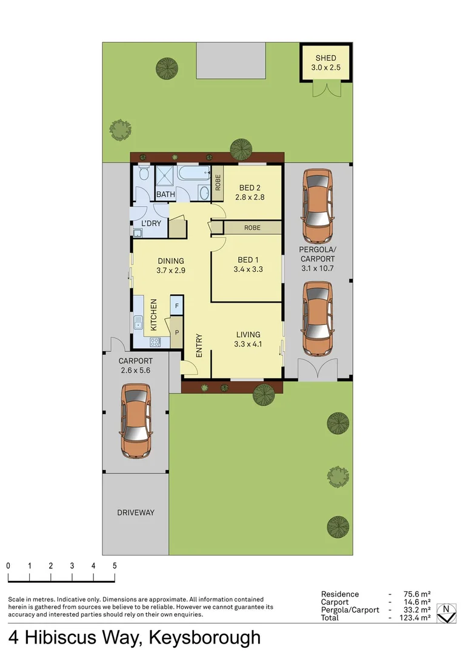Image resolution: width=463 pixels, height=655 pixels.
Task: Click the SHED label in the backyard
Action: click(325, 58)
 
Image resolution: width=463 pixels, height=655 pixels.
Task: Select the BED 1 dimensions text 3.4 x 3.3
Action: click(248, 269)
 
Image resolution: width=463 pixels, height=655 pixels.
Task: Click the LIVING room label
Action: click(248, 334)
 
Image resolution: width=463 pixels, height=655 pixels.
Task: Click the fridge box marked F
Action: click(176, 306)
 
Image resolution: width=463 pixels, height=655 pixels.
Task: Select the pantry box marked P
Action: click(176, 333)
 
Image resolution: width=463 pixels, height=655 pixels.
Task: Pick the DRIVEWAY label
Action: click(135, 512)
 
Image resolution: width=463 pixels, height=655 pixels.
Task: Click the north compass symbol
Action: click(447, 613)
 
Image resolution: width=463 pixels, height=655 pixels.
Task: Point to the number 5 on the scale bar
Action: click(114, 565)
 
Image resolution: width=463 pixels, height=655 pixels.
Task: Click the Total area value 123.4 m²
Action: click(417, 617)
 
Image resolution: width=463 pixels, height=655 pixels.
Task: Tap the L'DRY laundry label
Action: click(150, 224)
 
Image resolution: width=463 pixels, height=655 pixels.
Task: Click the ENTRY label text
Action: click(199, 346)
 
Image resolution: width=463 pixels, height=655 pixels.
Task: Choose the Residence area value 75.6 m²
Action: click(417, 594)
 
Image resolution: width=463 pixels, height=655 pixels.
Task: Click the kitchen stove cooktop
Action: click(155, 342)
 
